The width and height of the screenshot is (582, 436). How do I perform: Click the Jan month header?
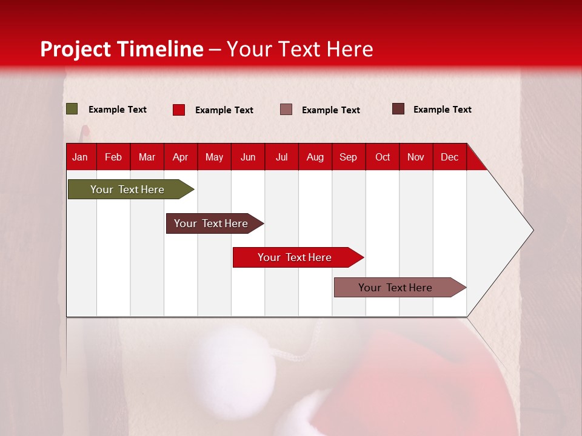[81, 157]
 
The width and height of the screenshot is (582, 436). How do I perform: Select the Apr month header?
[181, 157]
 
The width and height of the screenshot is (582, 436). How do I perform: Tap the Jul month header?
[281, 157]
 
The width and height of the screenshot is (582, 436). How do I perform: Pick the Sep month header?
[348, 157]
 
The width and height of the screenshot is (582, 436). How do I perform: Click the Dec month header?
[449, 157]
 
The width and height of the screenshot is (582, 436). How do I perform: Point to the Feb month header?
[113, 157]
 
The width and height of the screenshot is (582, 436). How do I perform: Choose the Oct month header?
[383, 157]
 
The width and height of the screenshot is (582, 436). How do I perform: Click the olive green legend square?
[72, 109]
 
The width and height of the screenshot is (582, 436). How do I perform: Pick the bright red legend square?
[179, 110]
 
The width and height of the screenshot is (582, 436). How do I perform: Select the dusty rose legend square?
[286, 110]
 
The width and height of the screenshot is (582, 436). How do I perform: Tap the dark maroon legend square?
[398, 109]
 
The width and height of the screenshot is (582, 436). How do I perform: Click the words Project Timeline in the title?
[122, 49]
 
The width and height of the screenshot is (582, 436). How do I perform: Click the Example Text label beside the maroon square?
[442, 110]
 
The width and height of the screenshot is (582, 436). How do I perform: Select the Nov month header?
[416, 157]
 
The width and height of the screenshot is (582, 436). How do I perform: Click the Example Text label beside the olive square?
[118, 110]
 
